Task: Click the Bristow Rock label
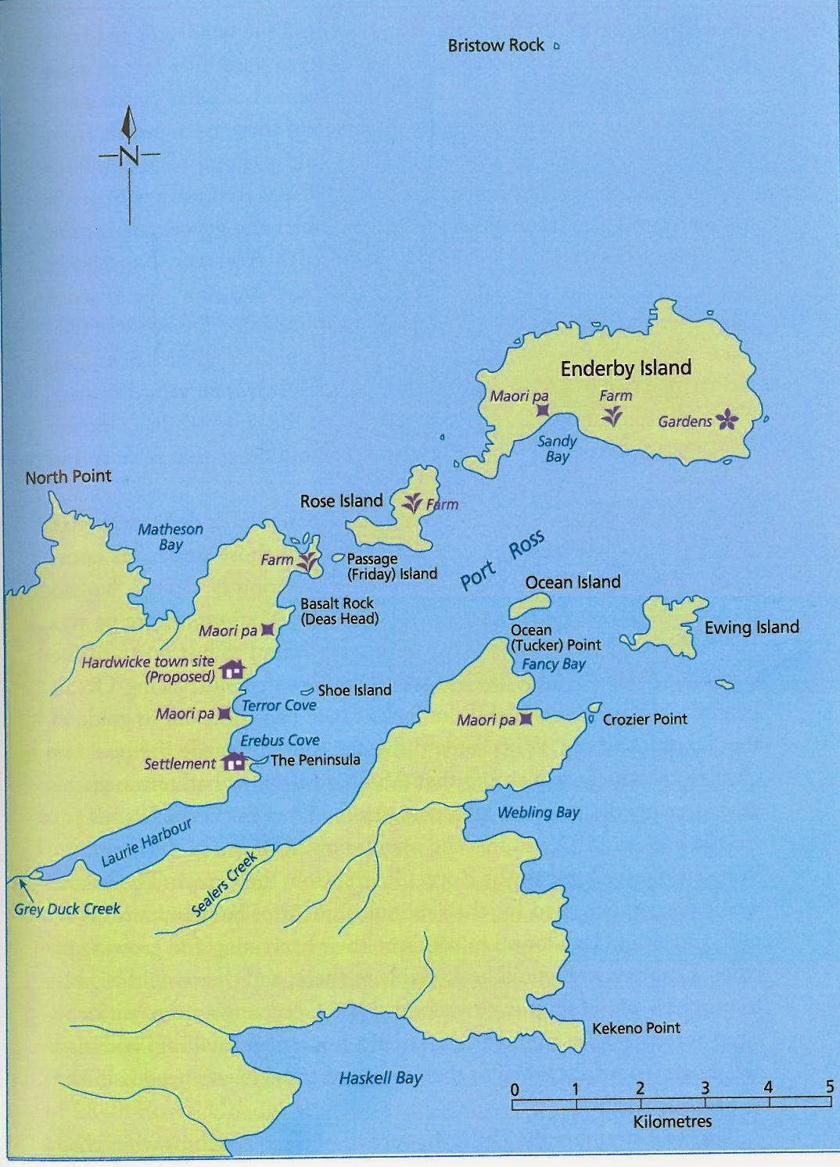click(x=495, y=45)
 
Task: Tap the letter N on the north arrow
click(x=129, y=155)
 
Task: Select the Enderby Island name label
click(x=626, y=368)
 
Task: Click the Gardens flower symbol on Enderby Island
click(x=727, y=421)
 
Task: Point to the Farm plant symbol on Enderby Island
click(x=612, y=416)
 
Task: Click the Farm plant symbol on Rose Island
click(x=412, y=503)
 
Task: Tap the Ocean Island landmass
click(x=529, y=604)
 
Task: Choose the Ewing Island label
click(x=751, y=627)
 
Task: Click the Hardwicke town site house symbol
click(x=233, y=669)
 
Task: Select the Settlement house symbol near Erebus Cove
click(x=234, y=761)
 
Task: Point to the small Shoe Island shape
click(x=307, y=691)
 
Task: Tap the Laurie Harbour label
click(x=146, y=844)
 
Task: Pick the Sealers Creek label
click(x=224, y=886)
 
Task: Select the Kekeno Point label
click(x=636, y=1028)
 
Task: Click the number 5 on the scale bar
click(x=829, y=1086)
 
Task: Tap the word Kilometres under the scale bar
click(x=672, y=1122)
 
